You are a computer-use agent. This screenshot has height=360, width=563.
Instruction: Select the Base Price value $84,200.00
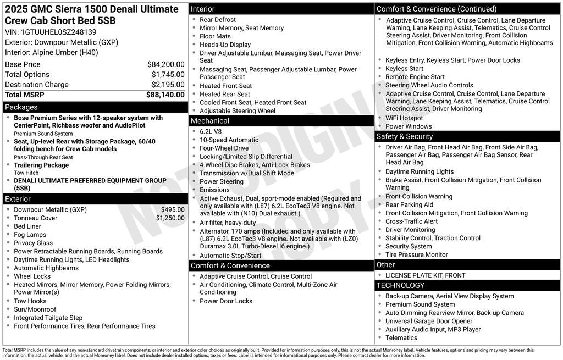pyautogui.click(x=165, y=64)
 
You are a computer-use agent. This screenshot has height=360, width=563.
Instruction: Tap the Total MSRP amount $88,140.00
pyautogui.click(x=165, y=95)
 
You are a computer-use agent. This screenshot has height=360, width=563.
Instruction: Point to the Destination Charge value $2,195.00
pyautogui.click(x=168, y=85)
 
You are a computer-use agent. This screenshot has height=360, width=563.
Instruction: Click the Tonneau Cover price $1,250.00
pyautogui.click(x=170, y=218)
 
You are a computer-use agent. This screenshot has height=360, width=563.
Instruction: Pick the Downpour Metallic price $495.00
pyautogui.click(x=173, y=209)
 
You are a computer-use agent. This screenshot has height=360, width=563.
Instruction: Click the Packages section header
pyautogui.click(x=21, y=107)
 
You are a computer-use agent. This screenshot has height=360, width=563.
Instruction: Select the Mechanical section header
pyautogui.click(x=210, y=121)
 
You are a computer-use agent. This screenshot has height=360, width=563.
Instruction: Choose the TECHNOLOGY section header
pyautogui.click(x=400, y=285)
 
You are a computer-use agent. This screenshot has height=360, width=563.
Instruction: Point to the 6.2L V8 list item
pyautogui.click(x=211, y=131)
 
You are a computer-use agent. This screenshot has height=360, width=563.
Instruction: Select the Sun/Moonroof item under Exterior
pyautogui.click(x=35, y=309)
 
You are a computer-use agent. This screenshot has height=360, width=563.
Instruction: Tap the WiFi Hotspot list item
pyautogui.click(x=404, y=118)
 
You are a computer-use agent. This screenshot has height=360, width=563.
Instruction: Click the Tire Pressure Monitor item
pyautogui.click(x=416, y=254)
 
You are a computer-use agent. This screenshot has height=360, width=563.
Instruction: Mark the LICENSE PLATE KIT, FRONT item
pyautogui.click(x=425, y=275)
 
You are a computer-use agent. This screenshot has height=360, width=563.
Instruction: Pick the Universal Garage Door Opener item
pyautogui.click(x=428, y=321)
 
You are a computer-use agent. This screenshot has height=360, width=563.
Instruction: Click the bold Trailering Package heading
pyautogui.click(x=41, y=165)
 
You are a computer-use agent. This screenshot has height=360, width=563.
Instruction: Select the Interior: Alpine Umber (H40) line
pyautogui.click(x=52, y=52)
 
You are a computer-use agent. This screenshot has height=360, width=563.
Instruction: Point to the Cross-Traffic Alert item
pyautogui.click(x=411, y=221)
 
